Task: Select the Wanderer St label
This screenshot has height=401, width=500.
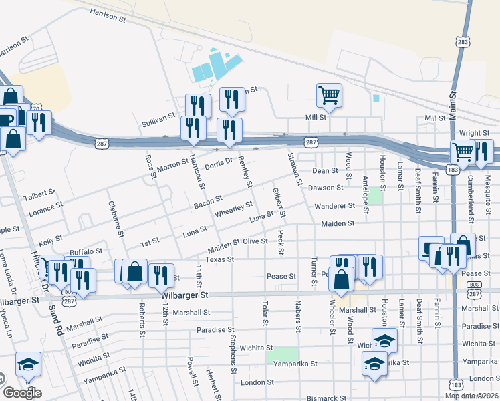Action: [335, 206]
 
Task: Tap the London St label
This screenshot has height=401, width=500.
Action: [253, 382]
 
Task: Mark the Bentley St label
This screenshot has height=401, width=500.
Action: [245, 172]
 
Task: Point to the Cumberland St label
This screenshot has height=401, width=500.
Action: [471, 195]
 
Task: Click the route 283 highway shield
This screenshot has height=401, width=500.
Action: [463, 42]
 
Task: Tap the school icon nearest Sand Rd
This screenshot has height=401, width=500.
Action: [28, 364]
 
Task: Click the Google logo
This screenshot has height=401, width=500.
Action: [21, 392]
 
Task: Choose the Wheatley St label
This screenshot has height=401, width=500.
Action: [233, 210]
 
